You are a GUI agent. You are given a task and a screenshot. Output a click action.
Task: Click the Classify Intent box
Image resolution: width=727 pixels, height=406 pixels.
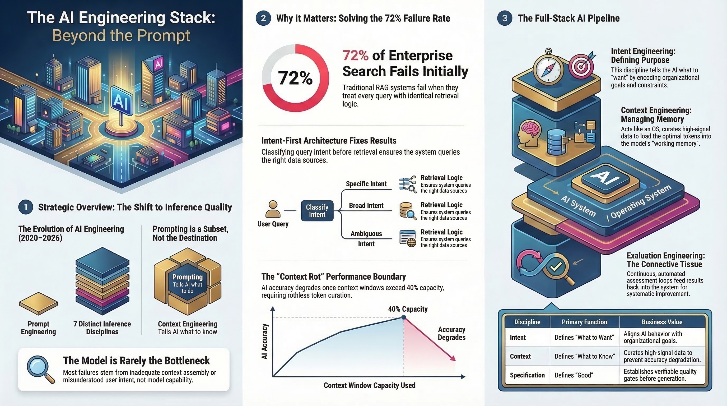(317, 211)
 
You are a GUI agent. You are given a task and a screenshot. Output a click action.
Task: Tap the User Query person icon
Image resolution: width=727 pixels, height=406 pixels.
(273, 209)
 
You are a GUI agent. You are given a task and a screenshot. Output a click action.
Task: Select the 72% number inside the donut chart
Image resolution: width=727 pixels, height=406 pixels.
(295, 78)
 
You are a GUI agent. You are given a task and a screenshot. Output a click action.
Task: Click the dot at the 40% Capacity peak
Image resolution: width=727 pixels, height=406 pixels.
(404, 317)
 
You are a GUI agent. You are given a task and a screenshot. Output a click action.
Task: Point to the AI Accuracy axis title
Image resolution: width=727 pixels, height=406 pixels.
(264, 341)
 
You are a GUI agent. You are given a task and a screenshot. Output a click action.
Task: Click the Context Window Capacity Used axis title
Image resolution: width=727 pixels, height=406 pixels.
(369, 385)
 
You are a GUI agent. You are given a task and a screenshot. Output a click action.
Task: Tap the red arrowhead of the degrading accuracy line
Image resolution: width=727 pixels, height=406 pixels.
(453, 358)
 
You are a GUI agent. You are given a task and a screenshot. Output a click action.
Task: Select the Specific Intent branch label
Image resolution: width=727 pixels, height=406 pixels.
(366, 184)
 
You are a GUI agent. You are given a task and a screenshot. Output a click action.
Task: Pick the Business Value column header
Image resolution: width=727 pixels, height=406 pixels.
(662, 322)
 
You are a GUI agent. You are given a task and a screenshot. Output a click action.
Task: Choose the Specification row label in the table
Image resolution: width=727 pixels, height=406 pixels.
(527, 375)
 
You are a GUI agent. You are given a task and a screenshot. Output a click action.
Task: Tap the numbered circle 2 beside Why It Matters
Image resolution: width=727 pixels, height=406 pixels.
(263, 18)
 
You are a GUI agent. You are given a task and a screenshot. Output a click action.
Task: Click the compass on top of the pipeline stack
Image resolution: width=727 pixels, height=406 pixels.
(548, 69)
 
